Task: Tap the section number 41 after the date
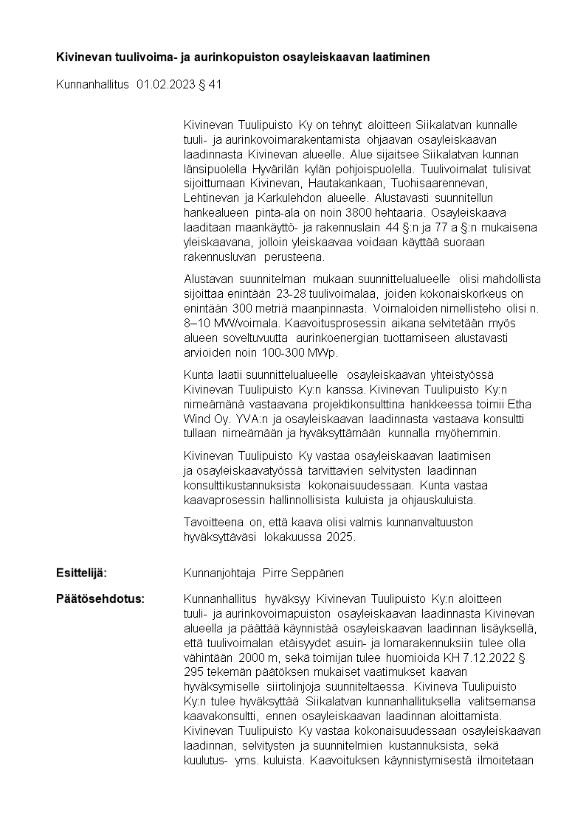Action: coord(215,85)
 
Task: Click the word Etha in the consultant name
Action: coord(520,404)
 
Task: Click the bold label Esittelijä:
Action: coord(82,573)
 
